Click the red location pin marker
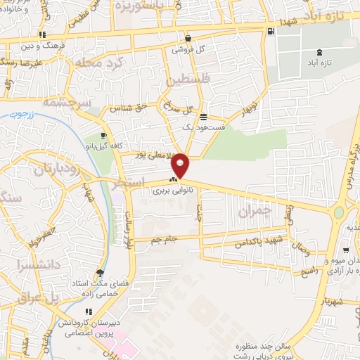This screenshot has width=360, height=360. coord(181,165)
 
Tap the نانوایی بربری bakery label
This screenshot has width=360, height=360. coord(171,191)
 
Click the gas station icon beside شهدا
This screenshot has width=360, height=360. coord(271,31)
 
